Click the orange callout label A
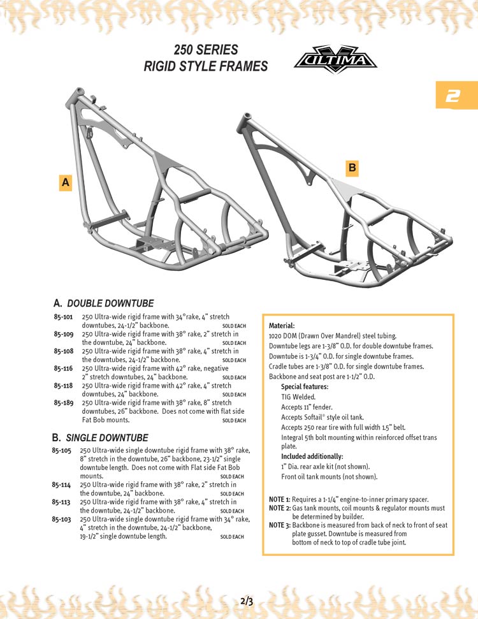click(65, 183)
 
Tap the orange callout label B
click(352, 168)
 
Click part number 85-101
click(63, 317)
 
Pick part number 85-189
click(63, 403)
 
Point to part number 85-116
click(63, 368)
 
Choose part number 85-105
click(61, 451)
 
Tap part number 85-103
click(61, 520)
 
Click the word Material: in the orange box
click(282, 325)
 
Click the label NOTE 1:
click(279, 499)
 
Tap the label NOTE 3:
click(279, 525)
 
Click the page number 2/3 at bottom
click(247, 601)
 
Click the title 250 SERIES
click(206, 50)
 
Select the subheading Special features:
click(305, 386)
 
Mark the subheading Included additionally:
click(312, 456)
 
